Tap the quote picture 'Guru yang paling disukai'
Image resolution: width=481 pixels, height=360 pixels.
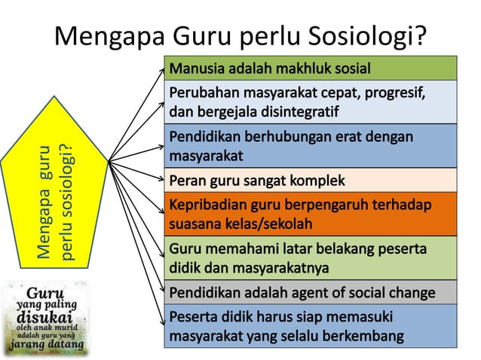pos(44,317)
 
